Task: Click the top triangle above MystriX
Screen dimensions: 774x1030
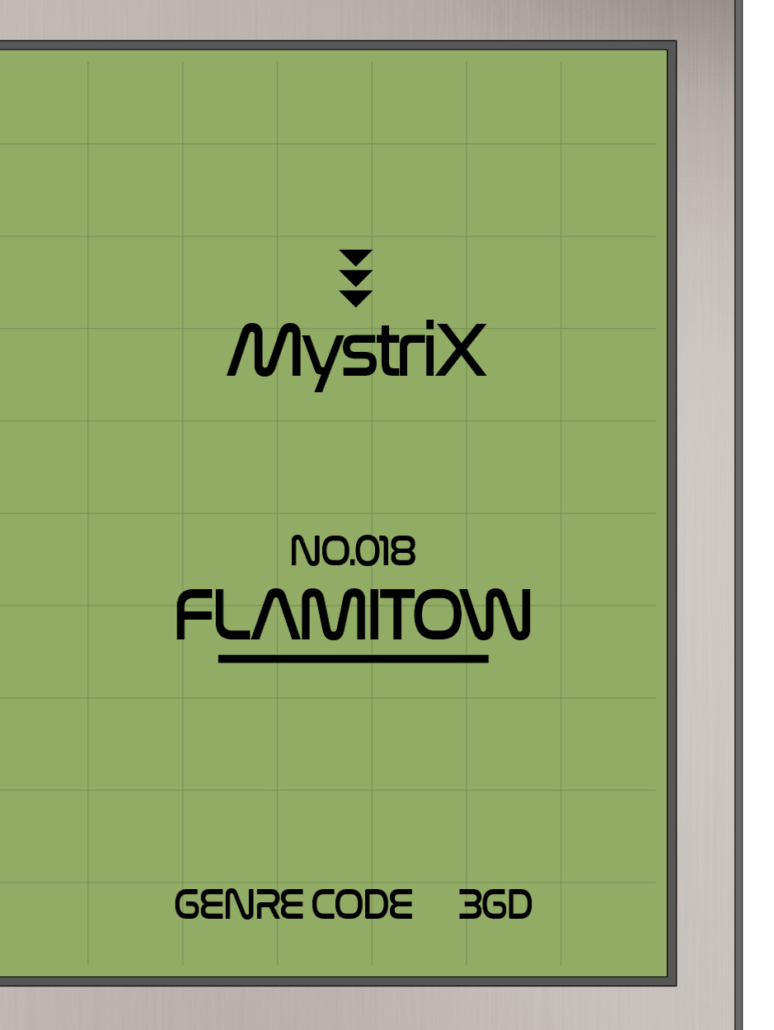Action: click(356, 257)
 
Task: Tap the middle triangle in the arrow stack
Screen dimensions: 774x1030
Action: click(356, 277)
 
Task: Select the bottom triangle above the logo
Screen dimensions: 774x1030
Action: click(356, 297)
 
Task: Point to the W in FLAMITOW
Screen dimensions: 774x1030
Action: click(503, 615)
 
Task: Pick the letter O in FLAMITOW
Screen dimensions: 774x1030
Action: click(453, 615)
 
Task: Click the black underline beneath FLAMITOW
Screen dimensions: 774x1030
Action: click(353, 658)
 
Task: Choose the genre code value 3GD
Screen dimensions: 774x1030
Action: click(495, 905)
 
